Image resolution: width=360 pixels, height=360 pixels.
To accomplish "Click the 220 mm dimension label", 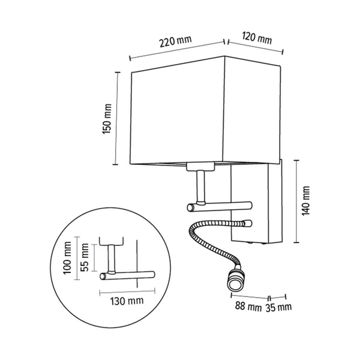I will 175,41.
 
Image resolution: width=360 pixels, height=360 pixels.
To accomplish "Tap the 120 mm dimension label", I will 256,38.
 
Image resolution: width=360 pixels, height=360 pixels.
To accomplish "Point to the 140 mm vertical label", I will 307,201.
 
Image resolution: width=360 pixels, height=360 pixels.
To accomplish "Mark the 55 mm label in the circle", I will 85,256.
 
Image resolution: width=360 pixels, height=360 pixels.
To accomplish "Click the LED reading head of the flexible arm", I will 233,282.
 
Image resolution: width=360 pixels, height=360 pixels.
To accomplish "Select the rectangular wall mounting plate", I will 253,204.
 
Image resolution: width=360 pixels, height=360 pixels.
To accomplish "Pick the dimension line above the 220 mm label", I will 177,50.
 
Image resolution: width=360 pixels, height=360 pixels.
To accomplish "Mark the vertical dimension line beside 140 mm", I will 296,201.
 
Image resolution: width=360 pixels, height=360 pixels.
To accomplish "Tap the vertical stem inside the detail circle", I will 112,258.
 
